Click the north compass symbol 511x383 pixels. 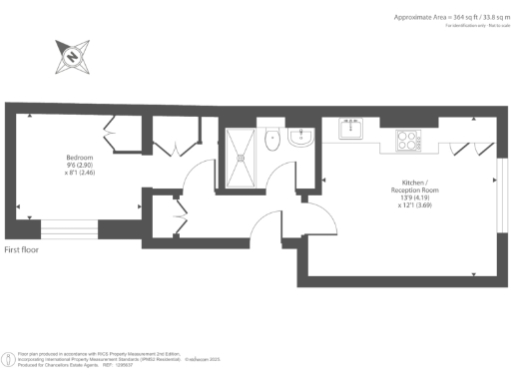[73, 57]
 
